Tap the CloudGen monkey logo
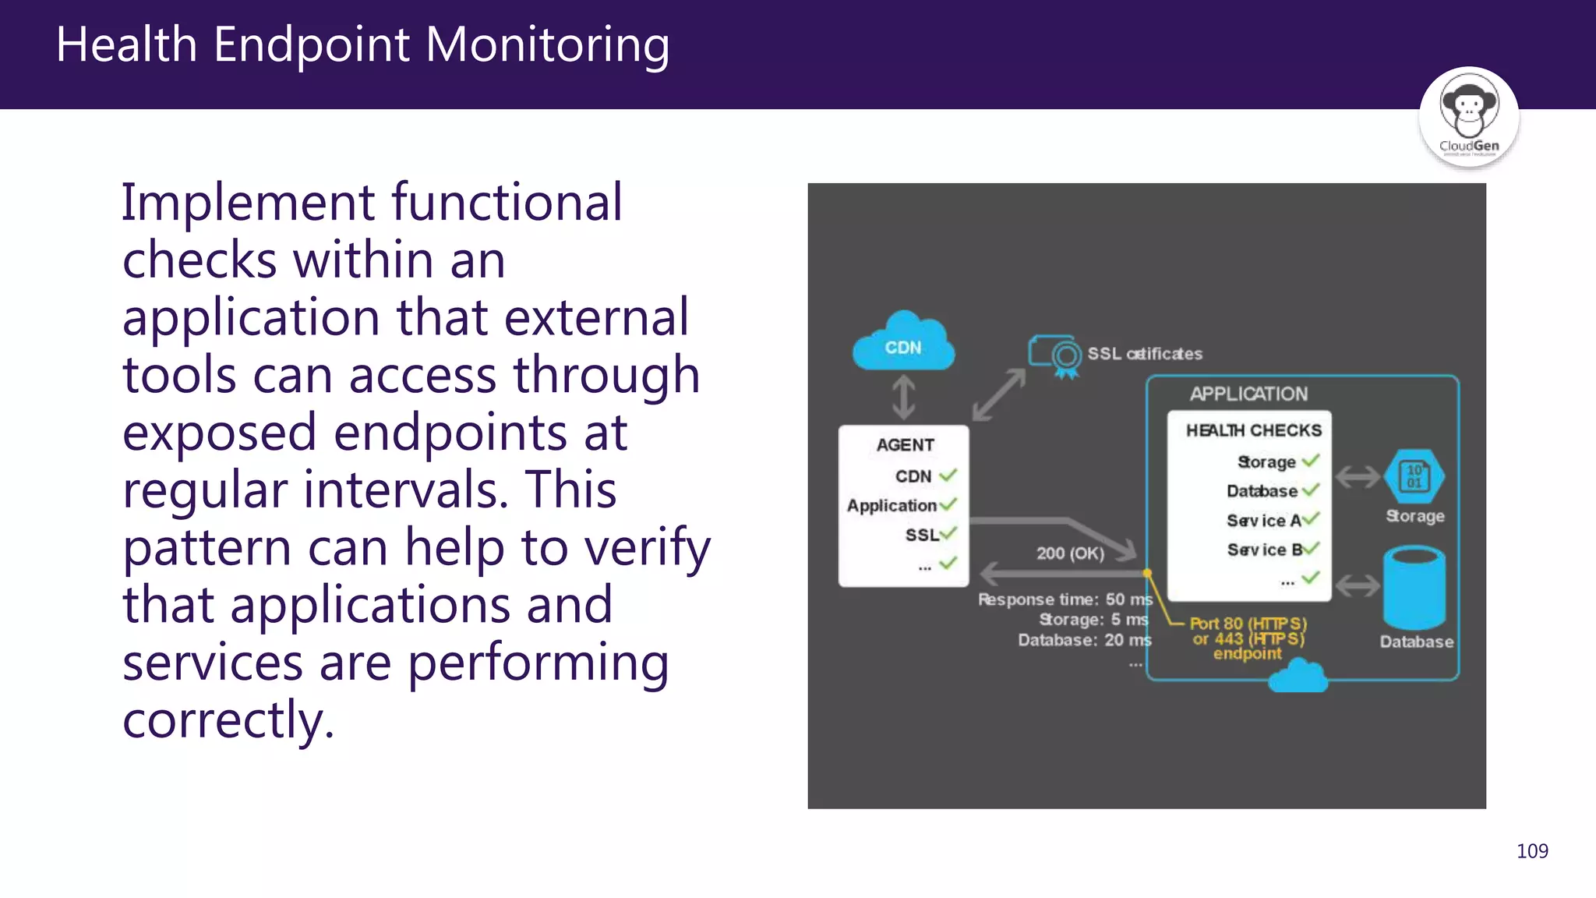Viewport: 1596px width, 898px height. (x=1468, y=117)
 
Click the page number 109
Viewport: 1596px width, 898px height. (x=1531, y=851)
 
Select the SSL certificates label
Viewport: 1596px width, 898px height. (x=1144, y=354)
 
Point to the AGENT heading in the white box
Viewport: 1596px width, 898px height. (x=905, y=445)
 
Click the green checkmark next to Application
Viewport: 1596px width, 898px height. (x=948, y=504)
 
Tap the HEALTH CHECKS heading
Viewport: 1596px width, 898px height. (x=1253, y=430)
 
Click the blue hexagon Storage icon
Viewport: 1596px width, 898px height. (x=1414, y=476)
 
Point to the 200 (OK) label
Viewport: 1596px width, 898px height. (x=1070, y=553)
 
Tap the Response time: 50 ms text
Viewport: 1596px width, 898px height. (x=1065, y=599)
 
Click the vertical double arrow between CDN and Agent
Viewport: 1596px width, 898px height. (x=903, y=397)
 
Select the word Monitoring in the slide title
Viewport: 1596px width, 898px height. (x=547, y=44)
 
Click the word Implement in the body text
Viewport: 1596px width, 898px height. (x=249, y=203)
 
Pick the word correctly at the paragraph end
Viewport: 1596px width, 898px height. (x=228, y=719)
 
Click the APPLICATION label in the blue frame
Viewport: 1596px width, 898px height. (x=1248, y=394)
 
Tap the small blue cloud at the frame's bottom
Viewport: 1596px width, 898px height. (x=1298, y=677)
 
